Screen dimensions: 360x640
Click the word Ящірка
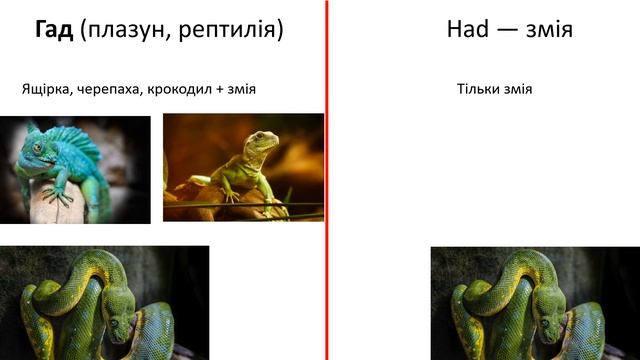point(44,89)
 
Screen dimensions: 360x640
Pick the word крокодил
point(178,89)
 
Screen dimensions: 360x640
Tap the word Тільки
point(476,89)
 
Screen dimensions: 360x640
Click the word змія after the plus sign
point(241,89)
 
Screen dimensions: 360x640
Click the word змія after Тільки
point(517,89)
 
